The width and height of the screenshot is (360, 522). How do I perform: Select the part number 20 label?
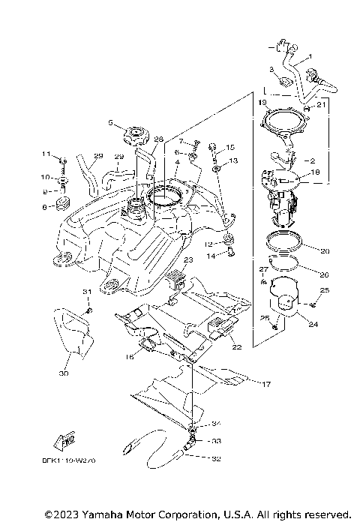(x=325, y=251)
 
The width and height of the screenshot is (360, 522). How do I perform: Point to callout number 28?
(x=157, y=139)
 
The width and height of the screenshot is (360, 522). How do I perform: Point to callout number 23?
(x=188, y=259)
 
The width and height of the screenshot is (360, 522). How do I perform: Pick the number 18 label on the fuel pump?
(x=314, y=172)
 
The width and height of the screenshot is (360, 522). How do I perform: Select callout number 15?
(x=230, y=148)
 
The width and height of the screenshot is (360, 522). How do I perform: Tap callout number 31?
(x=86, y=292)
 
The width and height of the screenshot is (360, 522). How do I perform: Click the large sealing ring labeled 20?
(x=286, y=244)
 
